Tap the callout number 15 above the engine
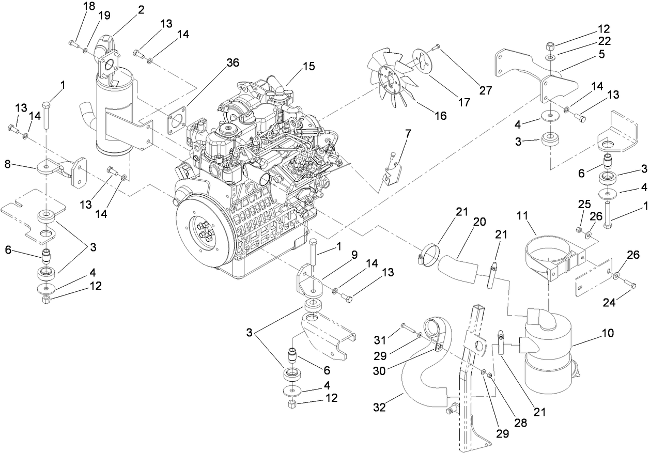point(308,67)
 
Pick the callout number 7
point(408,135)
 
